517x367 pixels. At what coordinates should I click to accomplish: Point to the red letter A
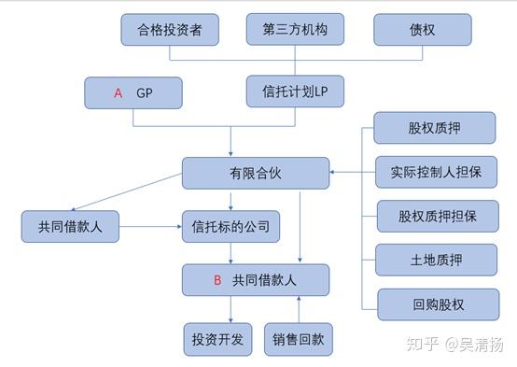tap(119, 93)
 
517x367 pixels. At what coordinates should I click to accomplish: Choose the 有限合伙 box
tap(255, 173)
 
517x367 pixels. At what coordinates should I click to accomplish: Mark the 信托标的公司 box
tap(231, 226)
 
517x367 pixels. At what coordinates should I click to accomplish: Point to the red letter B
tap(217, 279)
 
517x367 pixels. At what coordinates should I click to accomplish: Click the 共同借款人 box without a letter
tap(70, 226)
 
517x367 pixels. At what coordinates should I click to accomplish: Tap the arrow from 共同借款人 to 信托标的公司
tap(150, 226)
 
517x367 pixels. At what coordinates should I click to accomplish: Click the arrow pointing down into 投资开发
tap(231, 309)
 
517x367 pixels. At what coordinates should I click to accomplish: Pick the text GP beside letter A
tap(145, 93)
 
